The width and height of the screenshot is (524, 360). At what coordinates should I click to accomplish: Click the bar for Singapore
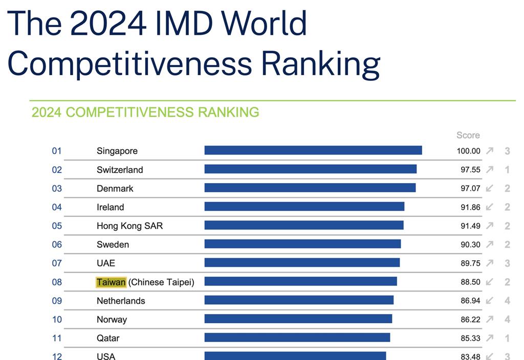coord(313,150)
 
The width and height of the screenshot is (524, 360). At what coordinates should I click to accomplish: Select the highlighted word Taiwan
coord(111,282)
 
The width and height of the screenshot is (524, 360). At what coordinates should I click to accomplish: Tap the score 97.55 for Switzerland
coord(470,170)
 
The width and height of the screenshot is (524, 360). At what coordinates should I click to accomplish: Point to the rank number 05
coord(57,226)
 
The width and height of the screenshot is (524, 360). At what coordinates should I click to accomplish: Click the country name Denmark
coord(115,188)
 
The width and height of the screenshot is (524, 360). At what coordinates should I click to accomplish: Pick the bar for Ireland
coord(304,207)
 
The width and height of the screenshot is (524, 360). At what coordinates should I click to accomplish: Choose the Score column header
coord(468,135)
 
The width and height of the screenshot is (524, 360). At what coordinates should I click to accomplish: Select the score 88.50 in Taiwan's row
coord(470,282)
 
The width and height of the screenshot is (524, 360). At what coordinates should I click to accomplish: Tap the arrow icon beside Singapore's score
coord(490,151)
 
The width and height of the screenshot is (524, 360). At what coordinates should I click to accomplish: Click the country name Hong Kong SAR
coord(129,226)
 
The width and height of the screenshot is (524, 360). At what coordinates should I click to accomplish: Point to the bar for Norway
coord(298,319)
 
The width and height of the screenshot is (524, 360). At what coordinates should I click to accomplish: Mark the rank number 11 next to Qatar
coord(57,338)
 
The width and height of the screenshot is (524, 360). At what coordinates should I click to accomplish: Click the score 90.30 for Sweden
coord(470,244)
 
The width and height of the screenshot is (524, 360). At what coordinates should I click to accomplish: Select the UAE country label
coord(106,263)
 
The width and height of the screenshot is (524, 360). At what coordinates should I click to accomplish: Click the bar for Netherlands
coord(299,300)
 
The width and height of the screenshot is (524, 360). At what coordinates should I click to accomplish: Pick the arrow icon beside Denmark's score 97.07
coord(490,188)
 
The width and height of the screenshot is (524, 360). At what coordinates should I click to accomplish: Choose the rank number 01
coord(57,151)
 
